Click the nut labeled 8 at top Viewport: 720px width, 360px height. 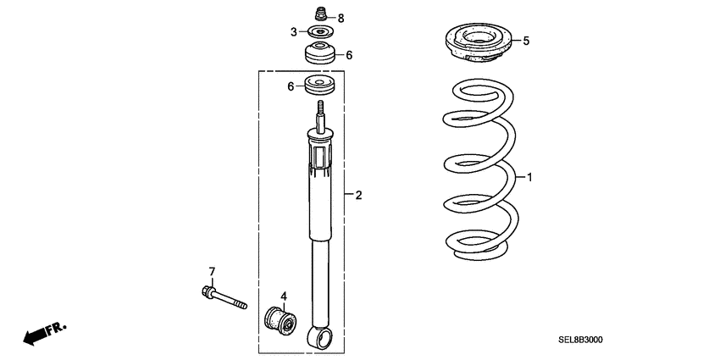pos(321,14)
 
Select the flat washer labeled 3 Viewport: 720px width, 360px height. pos(321,32)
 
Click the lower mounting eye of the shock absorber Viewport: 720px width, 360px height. pos(323,341)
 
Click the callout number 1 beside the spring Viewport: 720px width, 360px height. pos(530,179)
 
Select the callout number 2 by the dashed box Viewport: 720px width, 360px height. pos(358,196)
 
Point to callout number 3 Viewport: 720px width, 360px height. pos(293,32)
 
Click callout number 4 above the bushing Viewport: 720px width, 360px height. pos(285,296)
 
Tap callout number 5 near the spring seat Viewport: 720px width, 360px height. pos(526,40)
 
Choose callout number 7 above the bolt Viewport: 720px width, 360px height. pos(212,272)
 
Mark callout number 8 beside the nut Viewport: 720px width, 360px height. pos(341,18)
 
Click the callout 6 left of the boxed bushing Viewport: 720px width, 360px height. pos(291,86)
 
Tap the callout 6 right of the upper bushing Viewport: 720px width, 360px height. pos(348,55)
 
